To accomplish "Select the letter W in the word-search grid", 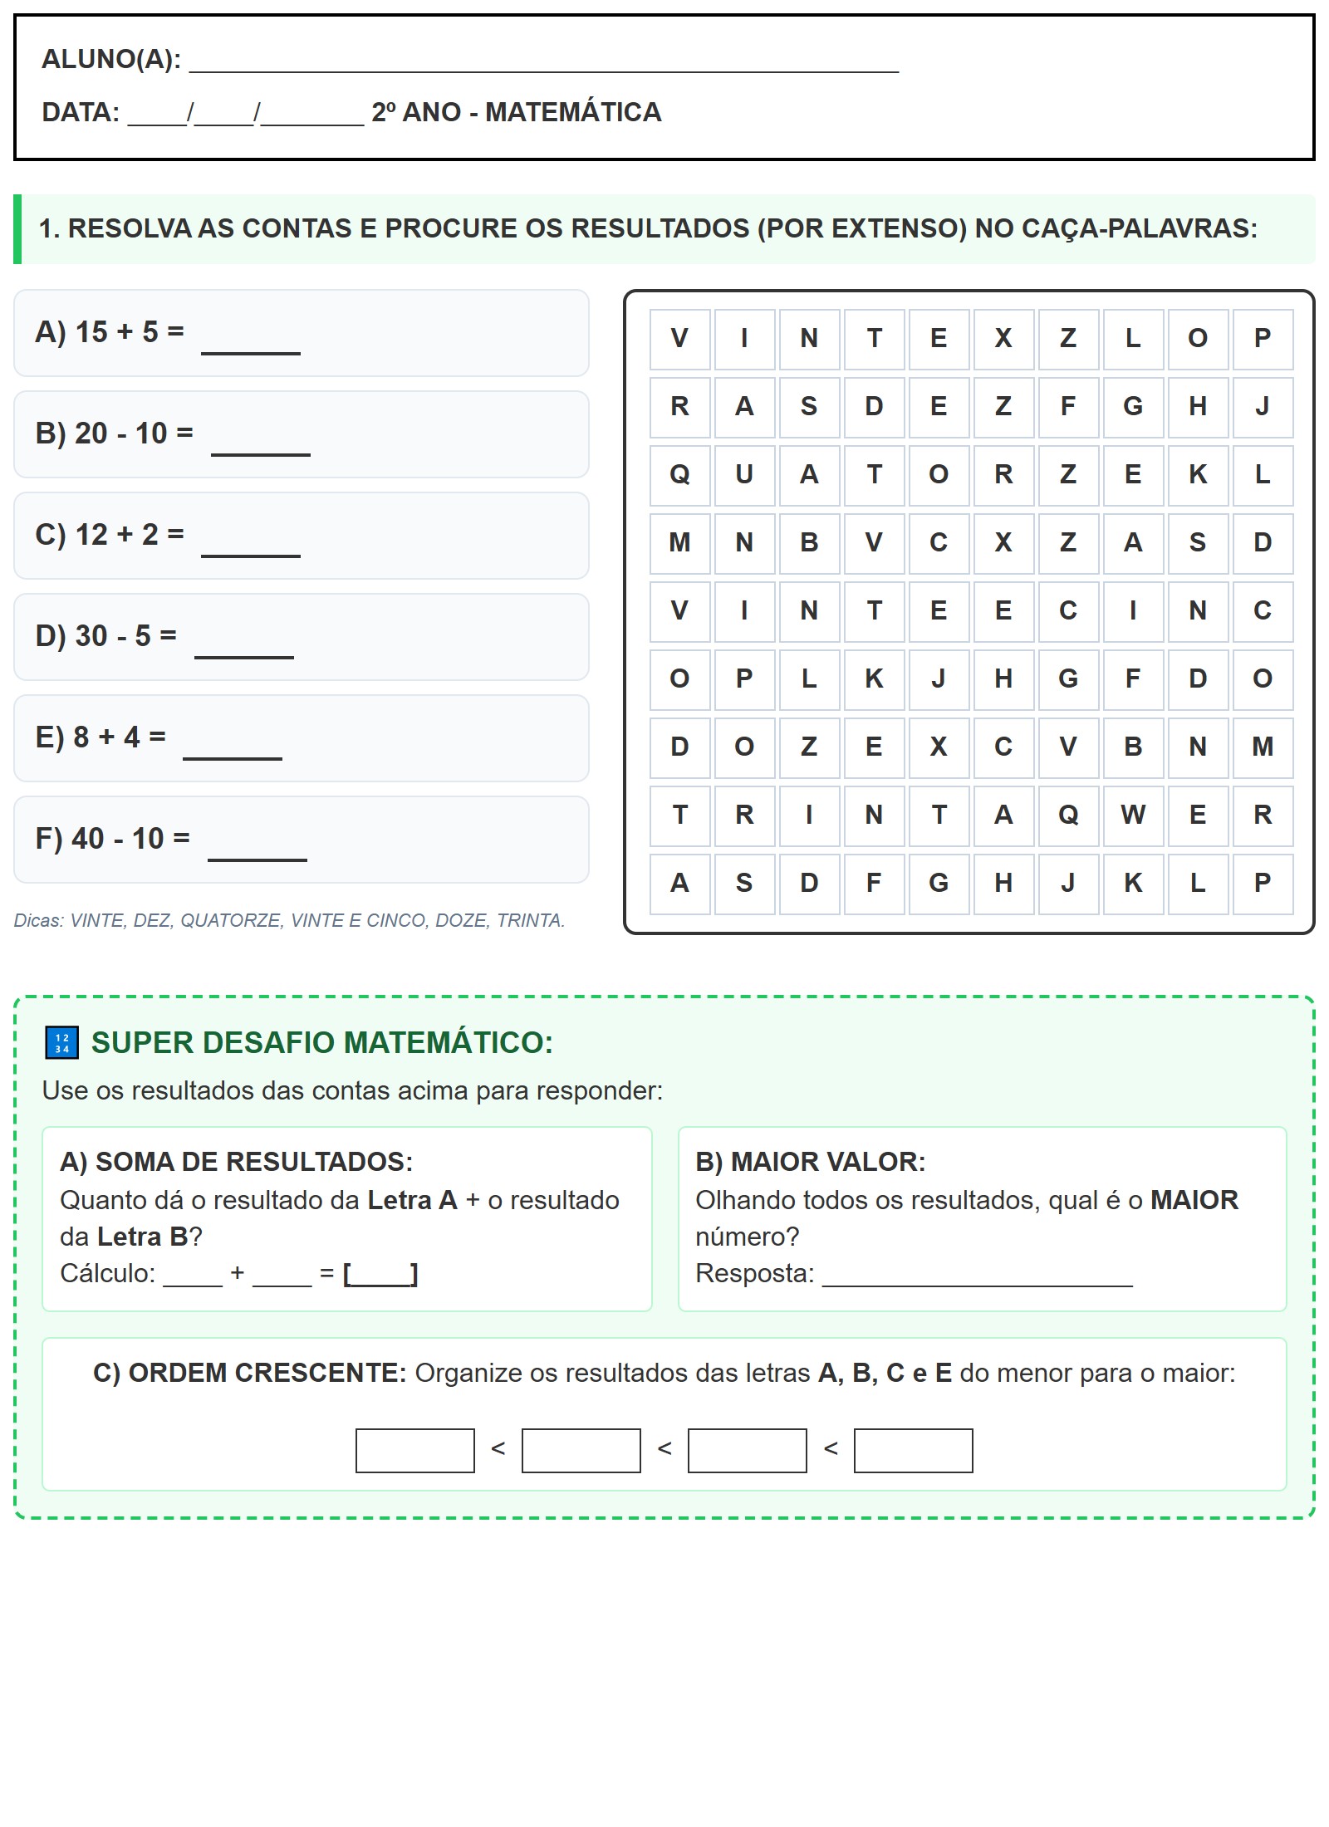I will pos(1133,815).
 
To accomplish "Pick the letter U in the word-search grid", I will pos(744,475).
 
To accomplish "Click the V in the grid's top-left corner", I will pos(679,339).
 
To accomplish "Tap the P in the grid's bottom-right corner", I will pos(1263,883).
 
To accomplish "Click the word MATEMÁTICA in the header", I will pos(573,112).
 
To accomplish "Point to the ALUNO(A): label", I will pos(111,60).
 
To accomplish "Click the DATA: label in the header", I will pos(81,112).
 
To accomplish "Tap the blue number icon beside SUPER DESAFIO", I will pos(61,1043).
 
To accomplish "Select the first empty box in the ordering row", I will pos(414,1450).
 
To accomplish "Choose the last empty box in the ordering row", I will pos(913,1450).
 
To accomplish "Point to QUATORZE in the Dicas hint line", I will pos(231,920).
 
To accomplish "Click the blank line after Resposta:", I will pos(977,1276).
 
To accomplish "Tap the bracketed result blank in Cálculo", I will pos(380,1274).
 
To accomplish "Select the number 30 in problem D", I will pos(91,636).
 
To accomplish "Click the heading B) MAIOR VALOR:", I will pos(811,1162).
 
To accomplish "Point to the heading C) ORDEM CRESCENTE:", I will pos(249,1373).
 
